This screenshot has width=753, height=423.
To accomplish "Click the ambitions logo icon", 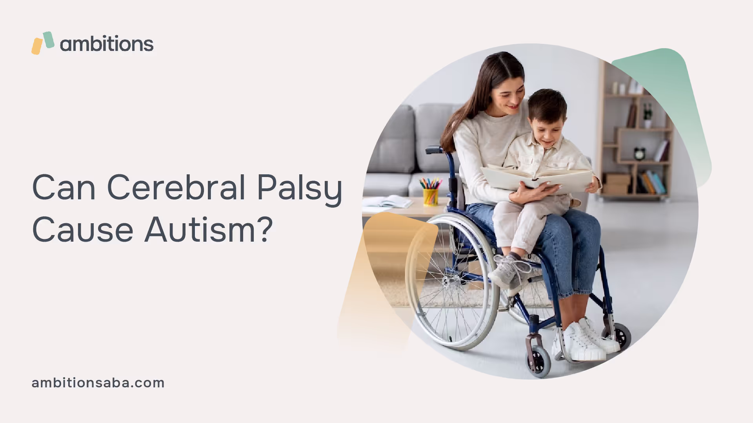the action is [x=43, y=43].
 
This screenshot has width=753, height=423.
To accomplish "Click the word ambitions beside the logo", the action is [x=107, y=43].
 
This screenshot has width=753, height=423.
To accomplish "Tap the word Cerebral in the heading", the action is [x=176, y=187].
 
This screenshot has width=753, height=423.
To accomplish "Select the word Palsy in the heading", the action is [x=300, y=190].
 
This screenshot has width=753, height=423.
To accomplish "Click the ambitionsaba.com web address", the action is [x=98, y=383].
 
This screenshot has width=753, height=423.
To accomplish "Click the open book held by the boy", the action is [x=537, y=179].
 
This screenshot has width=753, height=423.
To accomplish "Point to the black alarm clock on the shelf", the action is [x=640, y=153].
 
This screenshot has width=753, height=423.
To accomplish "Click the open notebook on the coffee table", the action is [x=386, y=202].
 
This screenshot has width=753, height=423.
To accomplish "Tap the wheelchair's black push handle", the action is [x=433, y=150].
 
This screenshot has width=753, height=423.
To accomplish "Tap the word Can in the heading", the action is [x=64, y=187].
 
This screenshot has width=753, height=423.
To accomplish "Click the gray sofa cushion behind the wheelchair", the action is [x=393, y=139].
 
